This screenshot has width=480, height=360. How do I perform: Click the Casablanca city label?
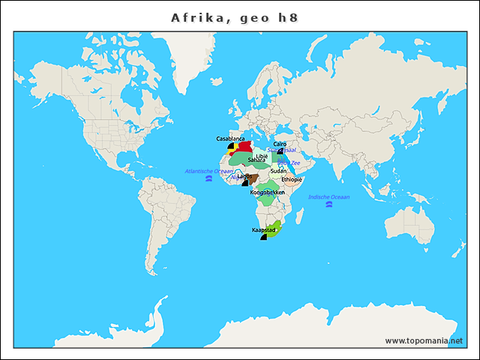click(x=230, y=139)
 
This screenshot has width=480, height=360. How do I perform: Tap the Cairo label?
click(x=280, y=144)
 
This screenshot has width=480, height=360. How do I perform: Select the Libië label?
click(x=261, y=156)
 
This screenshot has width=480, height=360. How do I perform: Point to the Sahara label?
click(x=256, y=160)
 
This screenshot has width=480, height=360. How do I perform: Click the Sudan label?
click(x=278, y=171)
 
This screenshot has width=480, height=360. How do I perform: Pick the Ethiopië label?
click(x=292, y=180)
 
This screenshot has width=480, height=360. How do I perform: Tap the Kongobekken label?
click(x=267, y=193)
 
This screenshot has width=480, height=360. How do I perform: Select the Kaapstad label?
click(x=263, y=229)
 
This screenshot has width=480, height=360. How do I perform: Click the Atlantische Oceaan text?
click(x=209, y=171)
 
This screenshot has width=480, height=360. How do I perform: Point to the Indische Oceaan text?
click(x=328, y=196)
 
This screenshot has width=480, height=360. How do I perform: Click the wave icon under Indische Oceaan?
click(x=328, y=206)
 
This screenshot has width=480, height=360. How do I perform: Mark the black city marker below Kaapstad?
click(x=264, y=237)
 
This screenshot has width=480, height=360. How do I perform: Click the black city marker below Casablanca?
click(x=231, y=146)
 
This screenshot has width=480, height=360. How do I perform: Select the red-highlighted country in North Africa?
click(x=244, y=147)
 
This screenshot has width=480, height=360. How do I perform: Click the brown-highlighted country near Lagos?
click(x=253, y=178)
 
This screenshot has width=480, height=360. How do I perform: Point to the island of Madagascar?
click(x=301, y=215)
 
